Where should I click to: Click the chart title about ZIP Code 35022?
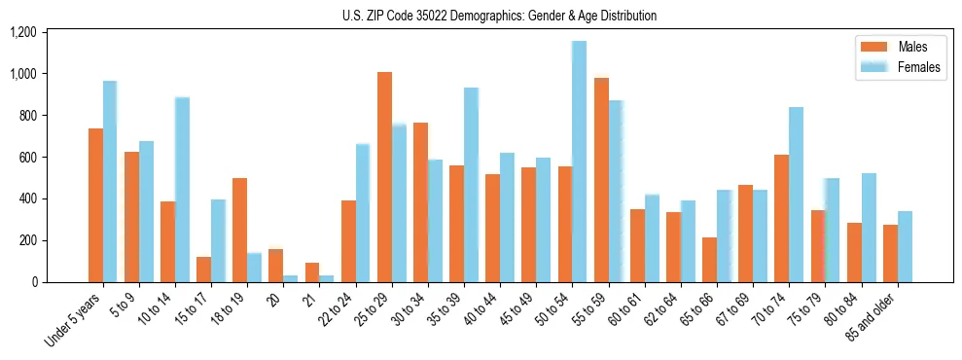pyautogui.click(x=499, y=16)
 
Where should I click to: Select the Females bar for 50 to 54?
pyautogui.click(x=579, y=162)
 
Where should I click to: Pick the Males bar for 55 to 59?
pyautogui.click(x=601, y=180)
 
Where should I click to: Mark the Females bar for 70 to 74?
pyautogui.click(x=796, y=195)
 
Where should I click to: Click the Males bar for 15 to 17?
pyautogui.click(x=203, y=270)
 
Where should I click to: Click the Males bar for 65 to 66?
pyautogui.click(x=709, y=260)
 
